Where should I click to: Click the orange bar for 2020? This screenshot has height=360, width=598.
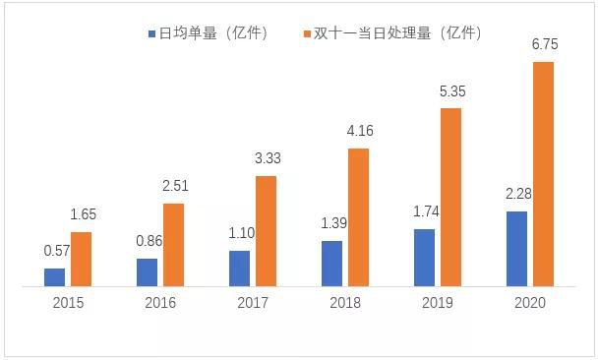(542, 174)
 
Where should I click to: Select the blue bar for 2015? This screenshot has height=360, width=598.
(55, 277)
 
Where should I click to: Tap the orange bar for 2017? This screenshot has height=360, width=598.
(266, 231)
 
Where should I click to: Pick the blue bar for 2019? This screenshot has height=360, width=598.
(424, 258)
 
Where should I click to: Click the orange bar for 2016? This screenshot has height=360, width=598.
(173, 245)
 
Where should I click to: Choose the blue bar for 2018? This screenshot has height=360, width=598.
(331, 264)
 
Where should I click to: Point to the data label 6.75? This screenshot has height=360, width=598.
(543, 45)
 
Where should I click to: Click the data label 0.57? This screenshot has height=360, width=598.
(56, 250)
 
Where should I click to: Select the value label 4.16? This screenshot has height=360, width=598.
(359, 131)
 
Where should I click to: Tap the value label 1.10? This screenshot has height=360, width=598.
(240, 232)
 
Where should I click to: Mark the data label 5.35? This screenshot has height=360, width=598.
(450, 90)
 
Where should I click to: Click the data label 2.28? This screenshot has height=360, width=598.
(516, 193)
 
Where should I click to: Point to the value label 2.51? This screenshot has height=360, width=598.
(174, 186)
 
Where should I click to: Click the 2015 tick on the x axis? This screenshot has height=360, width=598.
(69, 303)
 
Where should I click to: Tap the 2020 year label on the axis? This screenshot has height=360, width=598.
(529, 303)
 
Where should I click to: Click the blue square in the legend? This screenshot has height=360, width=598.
(152, 33)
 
